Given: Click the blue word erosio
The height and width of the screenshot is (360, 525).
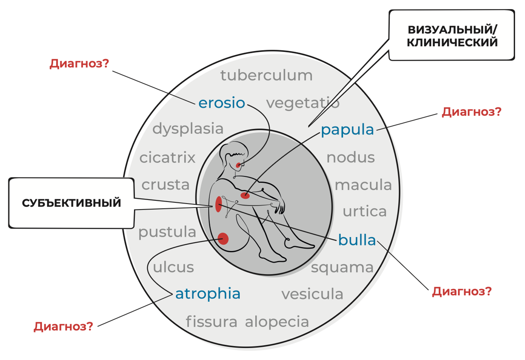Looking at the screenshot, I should point(222,103).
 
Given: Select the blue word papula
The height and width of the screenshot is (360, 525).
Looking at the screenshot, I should point(347,130).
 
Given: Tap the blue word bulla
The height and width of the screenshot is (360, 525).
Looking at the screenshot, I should point(357,240).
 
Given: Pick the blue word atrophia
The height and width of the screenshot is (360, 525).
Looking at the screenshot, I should point(208,293).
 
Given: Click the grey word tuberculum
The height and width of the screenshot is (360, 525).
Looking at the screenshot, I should point(266,75).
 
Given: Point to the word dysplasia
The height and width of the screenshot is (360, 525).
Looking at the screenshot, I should point(188,129).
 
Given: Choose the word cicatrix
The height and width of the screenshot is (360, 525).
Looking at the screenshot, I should point(167,158).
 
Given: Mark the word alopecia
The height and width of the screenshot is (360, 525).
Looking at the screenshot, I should point(277,322).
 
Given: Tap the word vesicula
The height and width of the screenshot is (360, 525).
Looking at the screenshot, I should point(312,294).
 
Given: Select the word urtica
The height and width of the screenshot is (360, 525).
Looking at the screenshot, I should point(364,212).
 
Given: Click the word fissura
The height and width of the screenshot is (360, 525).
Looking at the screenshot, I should point(211,322).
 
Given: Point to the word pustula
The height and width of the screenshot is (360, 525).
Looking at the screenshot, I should point(167,232).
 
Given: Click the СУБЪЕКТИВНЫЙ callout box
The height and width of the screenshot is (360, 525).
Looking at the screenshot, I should point(71,203).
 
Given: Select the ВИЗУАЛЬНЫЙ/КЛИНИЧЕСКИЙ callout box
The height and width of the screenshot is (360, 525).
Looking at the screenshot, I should point(452,36).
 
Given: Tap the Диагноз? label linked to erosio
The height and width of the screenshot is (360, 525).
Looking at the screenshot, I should point(79,63).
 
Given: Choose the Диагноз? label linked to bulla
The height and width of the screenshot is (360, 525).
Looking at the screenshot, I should point(462,291).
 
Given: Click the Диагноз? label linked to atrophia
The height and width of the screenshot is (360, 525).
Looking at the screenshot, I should point(63,326).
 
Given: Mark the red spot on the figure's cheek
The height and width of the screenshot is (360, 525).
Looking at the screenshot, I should point(238,165).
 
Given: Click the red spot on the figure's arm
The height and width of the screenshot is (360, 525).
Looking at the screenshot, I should point(245,195).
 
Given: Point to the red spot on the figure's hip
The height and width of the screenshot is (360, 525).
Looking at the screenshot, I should point(223,239).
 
